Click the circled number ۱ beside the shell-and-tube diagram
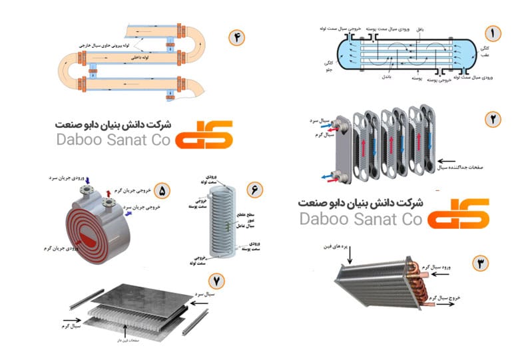click(x=493, y=33)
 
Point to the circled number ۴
click(x=236, y=37)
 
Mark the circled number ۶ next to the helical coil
click(x=254, y=189)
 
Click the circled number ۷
click(x=216, y=280)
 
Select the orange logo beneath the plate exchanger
click(x=458, y=212)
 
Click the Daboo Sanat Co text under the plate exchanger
click(x=361, y=219)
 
